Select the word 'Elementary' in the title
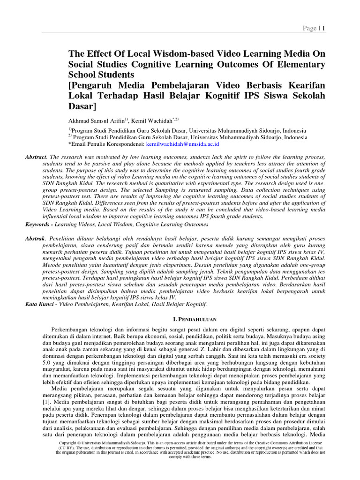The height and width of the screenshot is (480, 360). coord(300,64)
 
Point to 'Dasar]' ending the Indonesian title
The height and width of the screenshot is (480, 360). coord(82,106)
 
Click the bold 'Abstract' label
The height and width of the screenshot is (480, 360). coord(36,156)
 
